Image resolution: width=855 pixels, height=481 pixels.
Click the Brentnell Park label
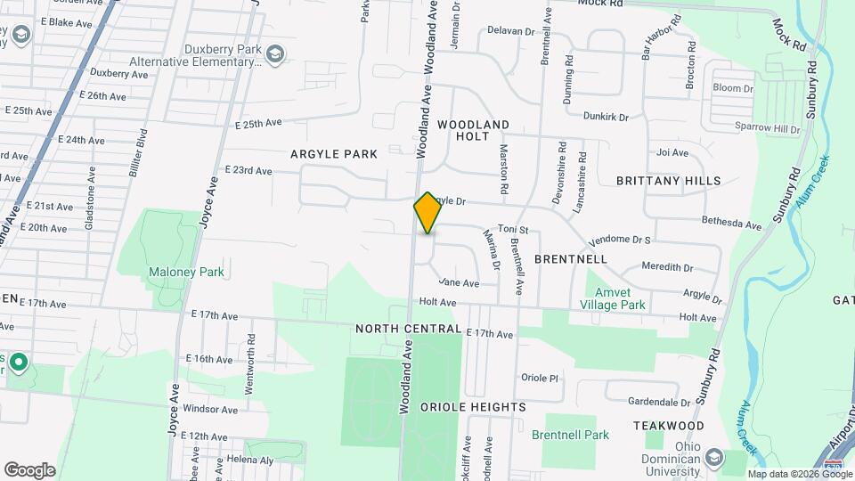(x=570, y=435)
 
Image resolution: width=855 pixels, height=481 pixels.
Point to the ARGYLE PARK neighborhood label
(x=334, y=154)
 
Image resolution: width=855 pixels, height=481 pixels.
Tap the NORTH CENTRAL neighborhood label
(x=408, y=329)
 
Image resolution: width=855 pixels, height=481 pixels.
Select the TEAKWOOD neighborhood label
(x=669, y=427)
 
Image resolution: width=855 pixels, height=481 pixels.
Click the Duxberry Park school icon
(x=276, y=55)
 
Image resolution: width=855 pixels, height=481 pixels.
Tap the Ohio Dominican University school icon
(x=714, y=458)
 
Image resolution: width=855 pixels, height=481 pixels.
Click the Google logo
(x=29, y=469)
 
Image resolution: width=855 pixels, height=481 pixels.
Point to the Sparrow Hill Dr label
(x=767, y=129)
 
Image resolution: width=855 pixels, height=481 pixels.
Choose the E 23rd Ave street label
(x=248, y=170)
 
